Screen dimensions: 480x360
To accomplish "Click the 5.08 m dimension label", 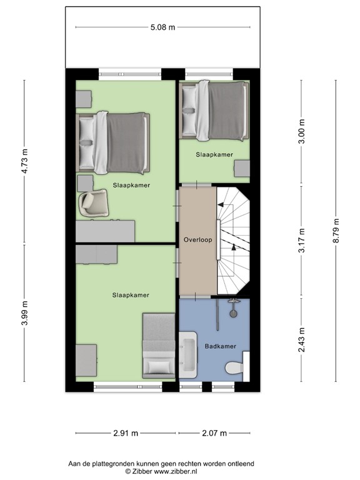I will click(163, 27).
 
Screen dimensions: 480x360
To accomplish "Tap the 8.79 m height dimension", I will click(336, 231).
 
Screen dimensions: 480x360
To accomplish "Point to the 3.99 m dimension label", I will click(26, 312).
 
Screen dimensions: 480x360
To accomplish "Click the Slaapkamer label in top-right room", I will click(214, 154).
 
